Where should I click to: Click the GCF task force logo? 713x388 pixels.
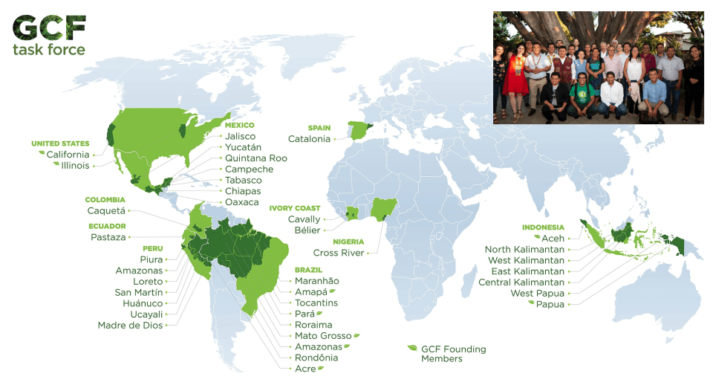pos(49,35)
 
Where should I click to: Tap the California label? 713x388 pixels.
pos(68,155)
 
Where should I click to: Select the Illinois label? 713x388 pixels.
pos(75,166)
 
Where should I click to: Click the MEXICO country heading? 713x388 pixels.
pos(240,126)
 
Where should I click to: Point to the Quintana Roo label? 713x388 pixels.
pos(256,158)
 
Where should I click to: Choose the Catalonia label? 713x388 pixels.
pos(309,139)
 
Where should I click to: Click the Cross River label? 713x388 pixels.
pos(339,253)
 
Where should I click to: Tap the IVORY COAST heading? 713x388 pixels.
pos(296,209)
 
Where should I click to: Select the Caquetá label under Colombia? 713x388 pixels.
pos(106,211)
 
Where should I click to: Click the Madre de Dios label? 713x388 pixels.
pos(129,325)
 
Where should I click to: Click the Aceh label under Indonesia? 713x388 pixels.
pos(553,239)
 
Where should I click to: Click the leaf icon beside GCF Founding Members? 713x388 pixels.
pos(412,348)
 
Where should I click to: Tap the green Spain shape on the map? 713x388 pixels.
pos(360,133)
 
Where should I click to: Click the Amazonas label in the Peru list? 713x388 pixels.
pos(139,271)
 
